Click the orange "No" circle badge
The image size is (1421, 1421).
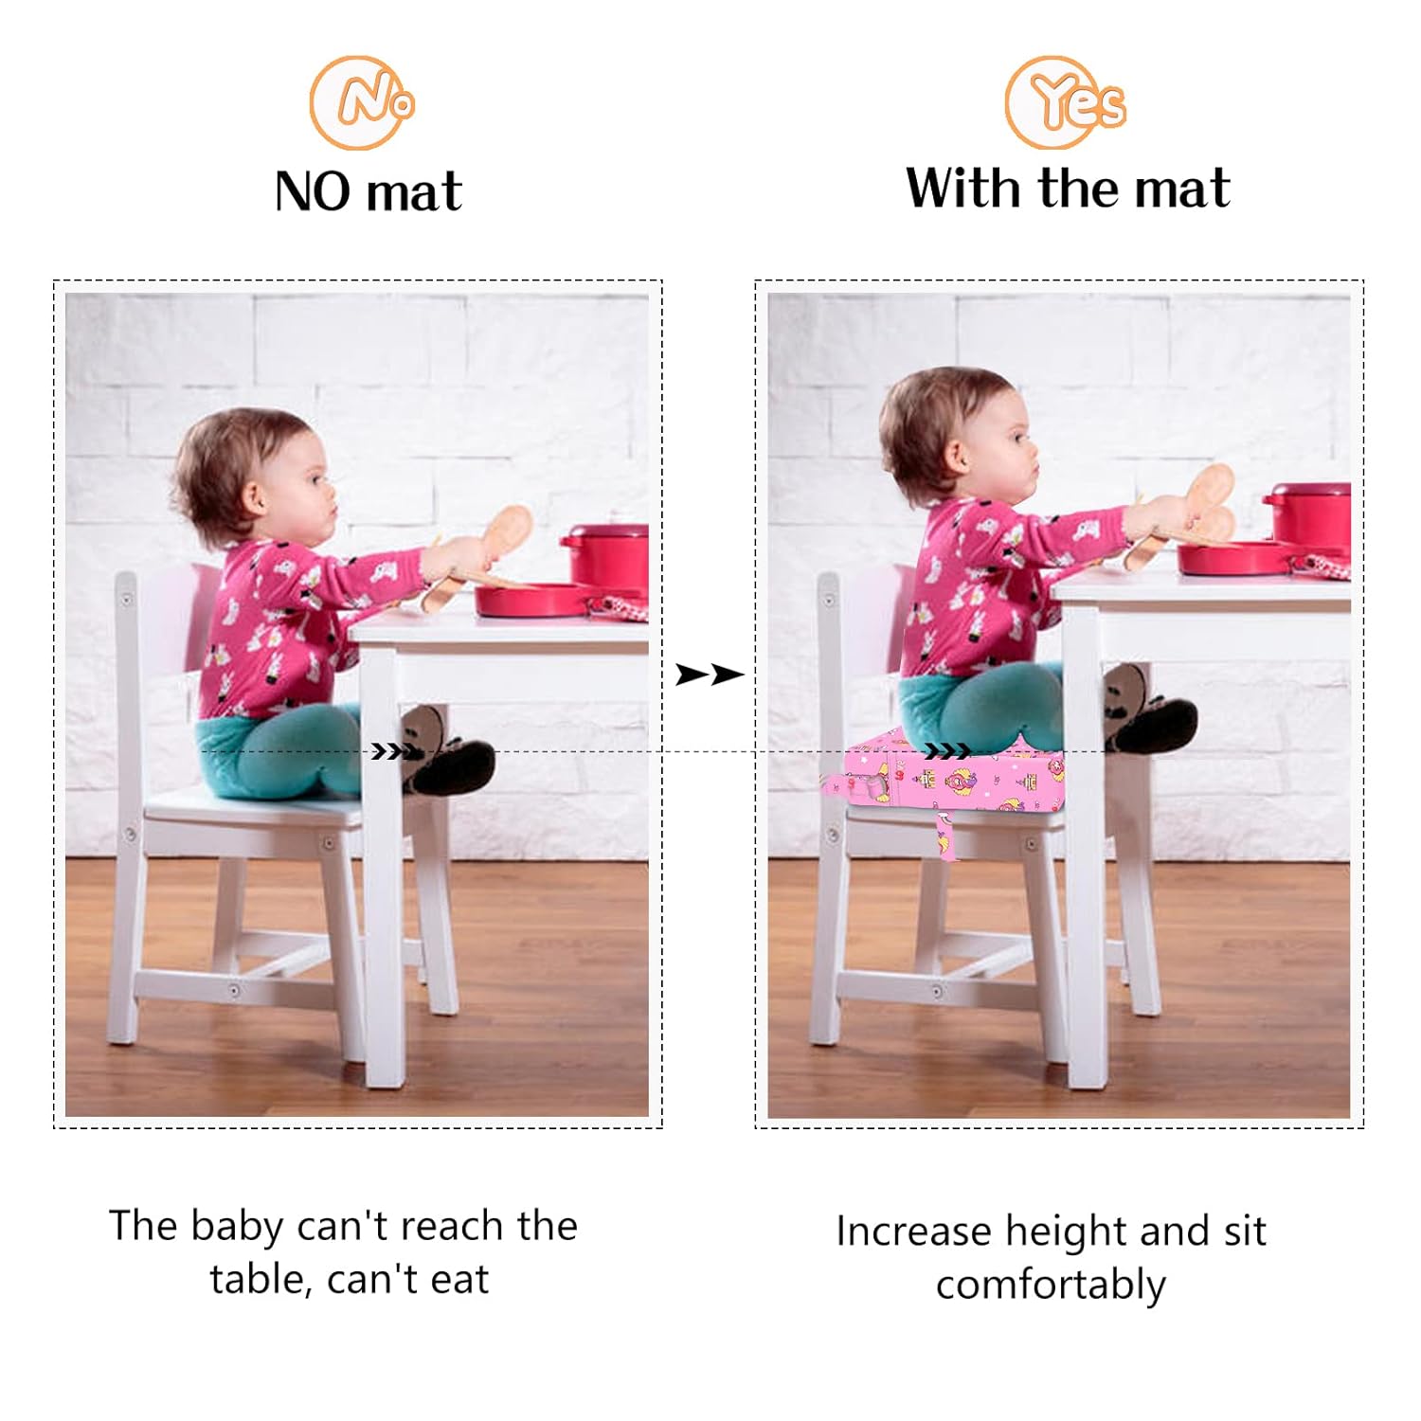pyautogui.click(x=362, y=102)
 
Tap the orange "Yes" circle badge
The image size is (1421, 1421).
pyautogui.click(x=1065, y=102)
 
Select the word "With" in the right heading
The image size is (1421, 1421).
pyautogui.click(x=965, y=188)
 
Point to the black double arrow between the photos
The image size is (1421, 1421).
pyautogui.click(x=710, y=675)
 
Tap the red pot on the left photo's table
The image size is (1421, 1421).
pyautogui.click(x=607, y=556)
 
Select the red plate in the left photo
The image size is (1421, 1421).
pyautogui.click(x=531, y=600)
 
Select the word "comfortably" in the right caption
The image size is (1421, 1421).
pyautogui.click(x=1051, y=1286)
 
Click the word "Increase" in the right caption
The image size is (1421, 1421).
pyautogui.click(x=914, y=1232)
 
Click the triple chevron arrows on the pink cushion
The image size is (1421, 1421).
pyautogui.click(x=947, y=751)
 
